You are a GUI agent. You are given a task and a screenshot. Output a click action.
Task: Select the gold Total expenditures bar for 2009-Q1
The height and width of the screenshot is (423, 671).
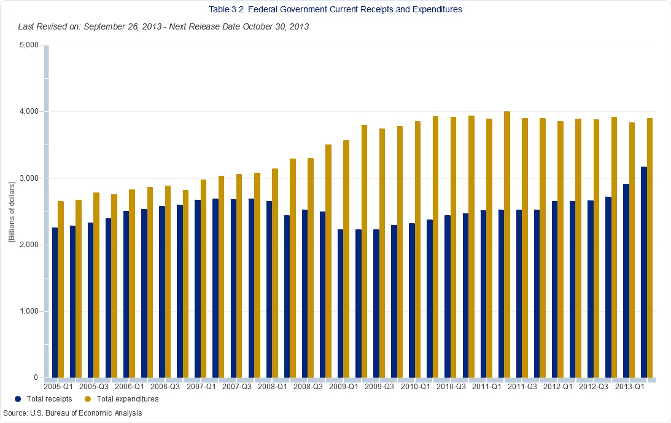pyautogui.click(x=346, y=259)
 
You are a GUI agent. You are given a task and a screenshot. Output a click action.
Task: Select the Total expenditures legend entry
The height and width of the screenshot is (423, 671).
pyautogui.click(x=122, y=399)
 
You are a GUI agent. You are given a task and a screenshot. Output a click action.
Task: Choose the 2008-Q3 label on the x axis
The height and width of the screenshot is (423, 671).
pyautogui.click(x=308, y=387)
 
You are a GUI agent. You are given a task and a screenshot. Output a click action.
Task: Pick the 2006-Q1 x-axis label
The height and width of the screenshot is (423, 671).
pyautogui.click(x=130, y=387)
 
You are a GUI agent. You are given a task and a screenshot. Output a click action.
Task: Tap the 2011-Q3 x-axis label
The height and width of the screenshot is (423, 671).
pyautogui.click(x=522, y=387)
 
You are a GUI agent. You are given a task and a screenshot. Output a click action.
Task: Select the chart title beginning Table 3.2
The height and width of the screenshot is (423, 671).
pyautogui.click(x=335, y=9)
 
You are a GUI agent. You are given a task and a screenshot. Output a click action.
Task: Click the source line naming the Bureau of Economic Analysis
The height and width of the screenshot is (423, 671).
pyautogui.click(x=72, y=413)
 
